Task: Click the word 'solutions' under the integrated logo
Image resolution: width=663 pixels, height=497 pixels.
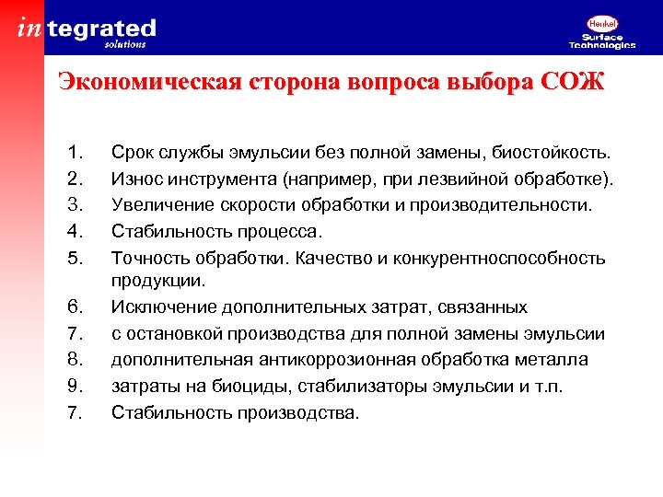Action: (x=124, y=43)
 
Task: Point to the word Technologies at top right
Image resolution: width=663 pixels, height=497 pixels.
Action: (x=602, y=45)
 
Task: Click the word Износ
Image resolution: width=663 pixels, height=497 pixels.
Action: (x=136, y=176)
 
